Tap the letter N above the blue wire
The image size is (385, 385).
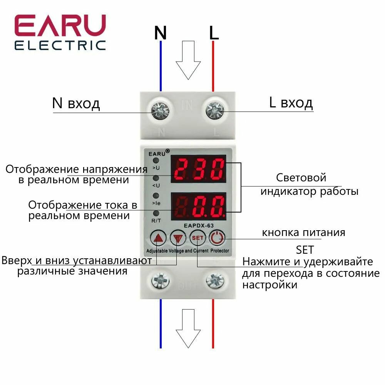tap(160, 33)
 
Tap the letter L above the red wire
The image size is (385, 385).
tap(214, 33)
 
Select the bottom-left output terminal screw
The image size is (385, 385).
tap(159, 280)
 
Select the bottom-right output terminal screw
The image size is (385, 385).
tap(214, 280)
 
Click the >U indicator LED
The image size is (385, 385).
tap(156, 161)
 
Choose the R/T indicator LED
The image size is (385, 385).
tap(156, 213)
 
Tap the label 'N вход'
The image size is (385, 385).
tap(76, 103)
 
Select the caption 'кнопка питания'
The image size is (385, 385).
tap(303, 233)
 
